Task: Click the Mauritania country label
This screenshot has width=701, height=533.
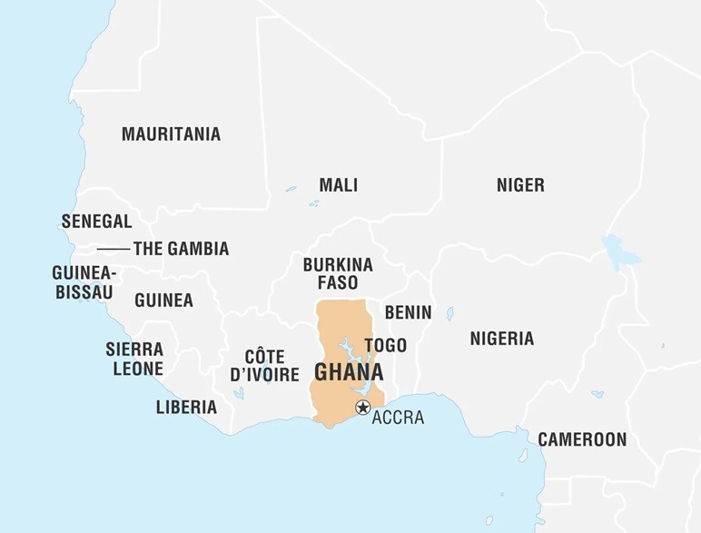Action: coord(171,134)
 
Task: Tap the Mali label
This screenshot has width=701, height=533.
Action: coord(338,185)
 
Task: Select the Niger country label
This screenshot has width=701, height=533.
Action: coord(520,185)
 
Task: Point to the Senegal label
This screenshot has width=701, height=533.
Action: coord(96,222)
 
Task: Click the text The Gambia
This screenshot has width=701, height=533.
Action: coord(181,249)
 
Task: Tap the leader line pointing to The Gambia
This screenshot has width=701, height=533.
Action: coord(114,249)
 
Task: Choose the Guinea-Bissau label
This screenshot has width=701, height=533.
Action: coord(83,281)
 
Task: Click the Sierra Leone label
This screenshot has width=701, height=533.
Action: coord(134,359)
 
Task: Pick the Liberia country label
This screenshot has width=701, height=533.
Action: coord(186,407)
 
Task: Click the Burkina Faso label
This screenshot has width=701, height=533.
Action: coord(338,273)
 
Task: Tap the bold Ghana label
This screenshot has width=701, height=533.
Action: coord(349,373)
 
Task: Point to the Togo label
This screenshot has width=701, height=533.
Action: coord(385,346)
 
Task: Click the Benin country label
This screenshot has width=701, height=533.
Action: coord(408,312)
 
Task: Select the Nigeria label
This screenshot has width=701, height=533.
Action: coord(501,339)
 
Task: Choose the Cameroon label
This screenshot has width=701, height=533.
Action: coord(582,439)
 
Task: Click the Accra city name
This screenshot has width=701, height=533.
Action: coord(398,418)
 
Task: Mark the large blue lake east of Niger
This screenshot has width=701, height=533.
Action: coord(620,250)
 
